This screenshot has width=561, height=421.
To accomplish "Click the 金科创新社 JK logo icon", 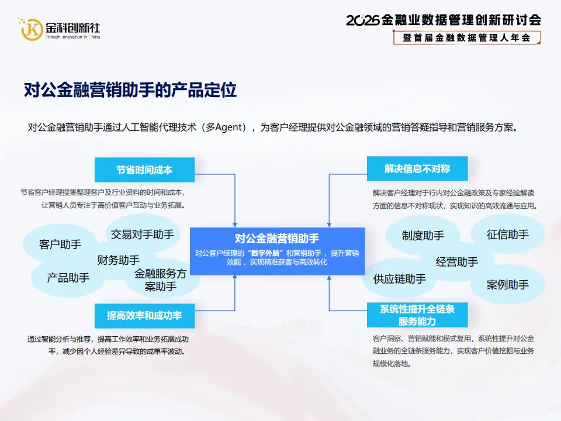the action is point(31,29).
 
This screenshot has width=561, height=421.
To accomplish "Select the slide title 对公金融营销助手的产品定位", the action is point(130,90).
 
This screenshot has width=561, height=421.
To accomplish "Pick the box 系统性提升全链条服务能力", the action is point(417,315).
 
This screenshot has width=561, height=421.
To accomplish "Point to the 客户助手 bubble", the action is point(60,244).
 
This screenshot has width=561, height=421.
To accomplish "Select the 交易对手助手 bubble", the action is point(143,234).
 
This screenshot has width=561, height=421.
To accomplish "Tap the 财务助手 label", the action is point(119,260).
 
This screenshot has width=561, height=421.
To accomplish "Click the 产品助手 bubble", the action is point(68,278).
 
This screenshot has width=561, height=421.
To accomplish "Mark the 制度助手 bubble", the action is point(423,236).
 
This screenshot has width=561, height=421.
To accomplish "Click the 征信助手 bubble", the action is point(507,234).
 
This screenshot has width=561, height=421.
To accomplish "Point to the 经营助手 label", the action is point(457,261).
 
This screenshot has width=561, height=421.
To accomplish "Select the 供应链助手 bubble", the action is point(400,279).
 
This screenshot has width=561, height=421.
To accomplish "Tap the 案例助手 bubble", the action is point(507,285).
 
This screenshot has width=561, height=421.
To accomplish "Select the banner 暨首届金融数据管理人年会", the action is point(466,37).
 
